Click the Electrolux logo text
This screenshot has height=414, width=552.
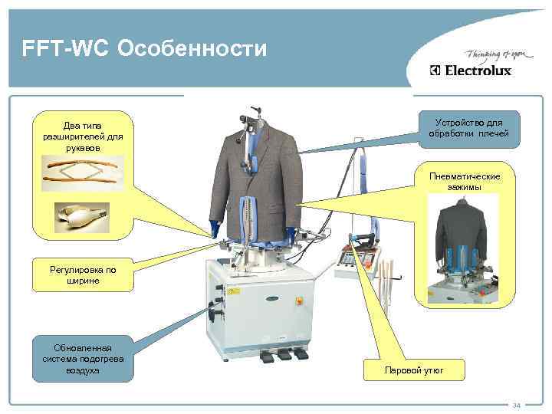pos(476,71)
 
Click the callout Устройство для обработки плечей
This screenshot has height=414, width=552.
pos(468,128)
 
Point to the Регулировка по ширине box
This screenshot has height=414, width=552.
pos(83,275)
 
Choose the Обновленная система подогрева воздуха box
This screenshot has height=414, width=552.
pos(83,357)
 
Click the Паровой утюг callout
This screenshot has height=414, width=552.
pos(414,372)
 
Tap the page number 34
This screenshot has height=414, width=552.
pos(516,405)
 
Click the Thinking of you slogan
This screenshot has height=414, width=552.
pos(486,54)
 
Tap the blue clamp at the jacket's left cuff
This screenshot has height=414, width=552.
pos(214,228)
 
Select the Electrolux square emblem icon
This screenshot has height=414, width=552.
pos(435,71)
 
